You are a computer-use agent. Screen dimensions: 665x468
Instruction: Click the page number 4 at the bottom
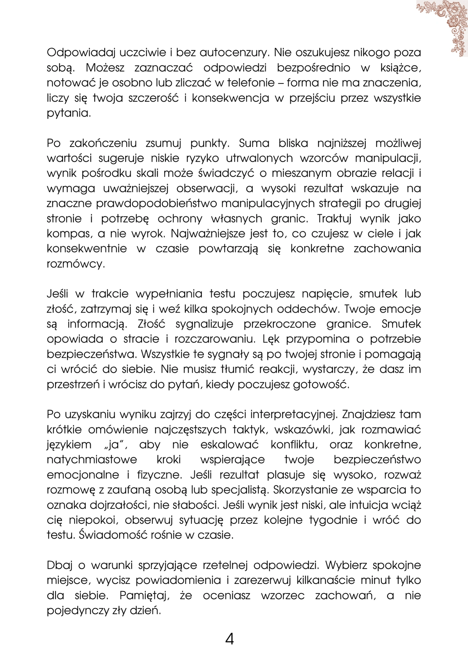point(230,638)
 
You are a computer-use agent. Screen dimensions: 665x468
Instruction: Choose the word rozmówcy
point(76,264)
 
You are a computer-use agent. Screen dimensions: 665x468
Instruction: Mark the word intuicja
point(363,505)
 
